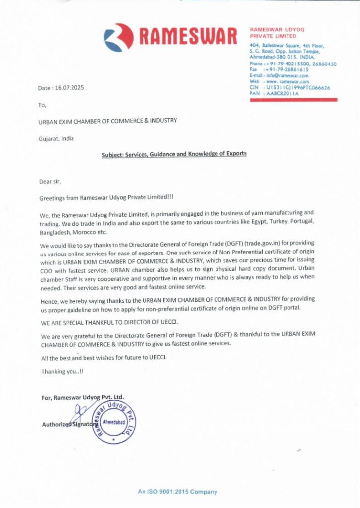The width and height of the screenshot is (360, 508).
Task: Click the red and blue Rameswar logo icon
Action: [x=119, y=37]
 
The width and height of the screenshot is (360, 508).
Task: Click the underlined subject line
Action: [x=174, y=154]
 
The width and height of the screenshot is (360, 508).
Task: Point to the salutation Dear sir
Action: [x=50, y=182]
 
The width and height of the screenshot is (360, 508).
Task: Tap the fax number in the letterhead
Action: [x=286, y=70]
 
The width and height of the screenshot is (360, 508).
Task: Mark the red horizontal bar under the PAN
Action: [x=293, y=100]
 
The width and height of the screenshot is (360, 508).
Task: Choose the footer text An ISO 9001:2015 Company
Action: [x=177, y=492]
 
